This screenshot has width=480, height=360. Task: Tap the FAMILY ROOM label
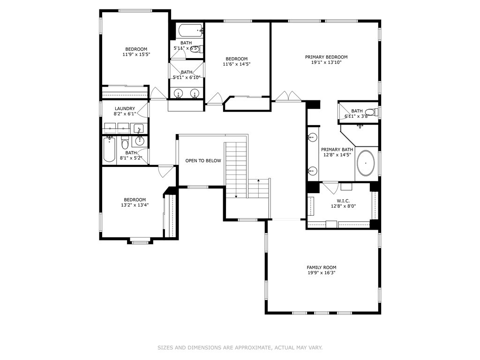[322, 267]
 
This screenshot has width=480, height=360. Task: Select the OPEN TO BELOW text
[202, 161]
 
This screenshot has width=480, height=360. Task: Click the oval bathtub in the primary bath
[366, 163]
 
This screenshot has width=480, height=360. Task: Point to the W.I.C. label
[344, 200]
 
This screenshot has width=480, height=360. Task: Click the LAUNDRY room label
[125, 108]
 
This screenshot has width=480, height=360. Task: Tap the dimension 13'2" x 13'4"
[135, 205]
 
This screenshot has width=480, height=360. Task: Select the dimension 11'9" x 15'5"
[135, 55]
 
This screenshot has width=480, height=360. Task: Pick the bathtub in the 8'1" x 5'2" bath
[109, 150]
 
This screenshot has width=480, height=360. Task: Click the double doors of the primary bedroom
[288, 96]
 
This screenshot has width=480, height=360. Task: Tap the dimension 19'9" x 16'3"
[322, 273]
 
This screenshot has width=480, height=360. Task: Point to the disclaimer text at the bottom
[240, 348]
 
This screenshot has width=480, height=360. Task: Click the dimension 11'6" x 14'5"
[236, 64]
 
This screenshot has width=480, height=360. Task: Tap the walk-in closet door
[331, 187]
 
